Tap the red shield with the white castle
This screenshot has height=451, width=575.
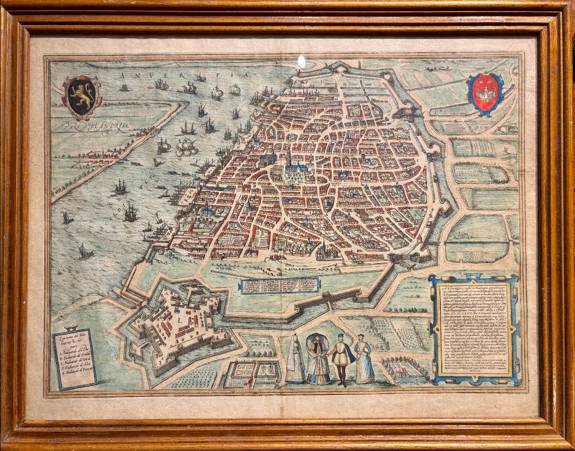[x=484, y=93]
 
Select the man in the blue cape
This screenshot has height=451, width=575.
[x=342, y=357]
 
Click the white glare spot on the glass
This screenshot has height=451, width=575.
[x=301, y=61]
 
